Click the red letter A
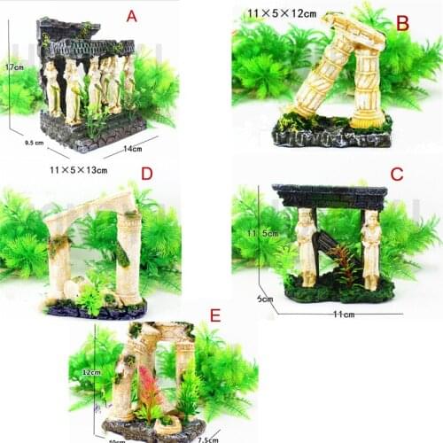click(x=132, y=16)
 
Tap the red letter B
click(x=401, y=23)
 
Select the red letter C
click(x=396, y=173)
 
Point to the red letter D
click(x=147, y=173)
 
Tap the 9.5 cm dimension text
click(x=35, y=141)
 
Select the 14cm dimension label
click(x=133, y=149)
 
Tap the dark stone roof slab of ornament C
click(x=329, y=195)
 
